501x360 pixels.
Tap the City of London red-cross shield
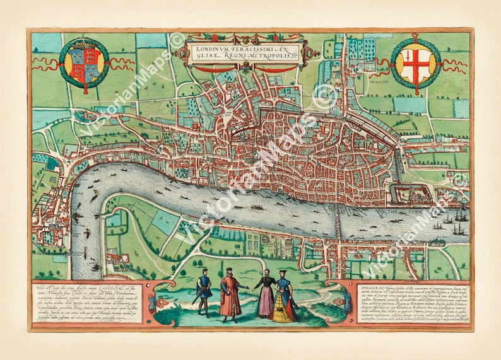click(x=415, y=64)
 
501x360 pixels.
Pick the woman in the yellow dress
click(x=284, y=301)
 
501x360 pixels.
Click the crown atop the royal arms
click(x=84, y=45)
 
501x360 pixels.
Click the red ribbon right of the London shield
click(x=454, y=63)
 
